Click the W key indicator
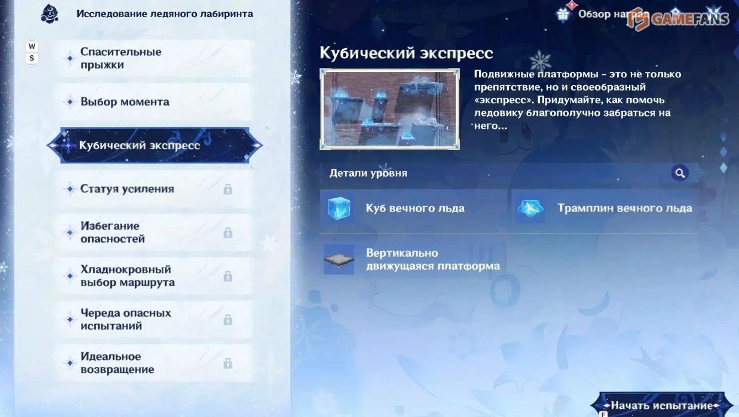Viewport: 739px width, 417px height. (31, 46)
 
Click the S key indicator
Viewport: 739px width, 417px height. (31, 58)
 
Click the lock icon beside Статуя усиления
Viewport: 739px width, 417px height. (227, 189)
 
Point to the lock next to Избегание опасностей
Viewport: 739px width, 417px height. (227, 233)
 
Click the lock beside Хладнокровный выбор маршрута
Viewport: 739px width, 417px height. (227, 276)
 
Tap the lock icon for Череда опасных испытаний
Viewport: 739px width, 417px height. (227, 320)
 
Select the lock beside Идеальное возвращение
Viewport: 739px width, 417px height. (227, 363)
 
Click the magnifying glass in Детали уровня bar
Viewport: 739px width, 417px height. (679, 173)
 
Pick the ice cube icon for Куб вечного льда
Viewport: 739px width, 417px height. (339, 208)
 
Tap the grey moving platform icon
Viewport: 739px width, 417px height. (339, 260)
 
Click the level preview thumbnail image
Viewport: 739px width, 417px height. (390, 109)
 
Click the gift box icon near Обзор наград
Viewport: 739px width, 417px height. (563, 14)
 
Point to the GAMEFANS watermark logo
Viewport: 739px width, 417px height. (678, 18)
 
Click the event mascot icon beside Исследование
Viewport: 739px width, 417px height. (50, 14)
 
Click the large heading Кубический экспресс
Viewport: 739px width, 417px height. (406, 53)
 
